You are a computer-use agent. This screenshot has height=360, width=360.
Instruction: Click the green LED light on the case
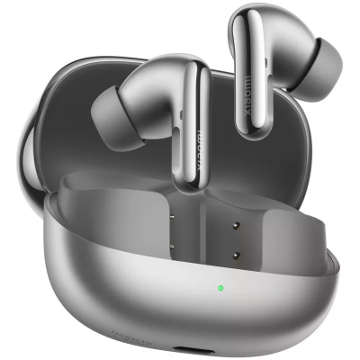pos(220,289)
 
